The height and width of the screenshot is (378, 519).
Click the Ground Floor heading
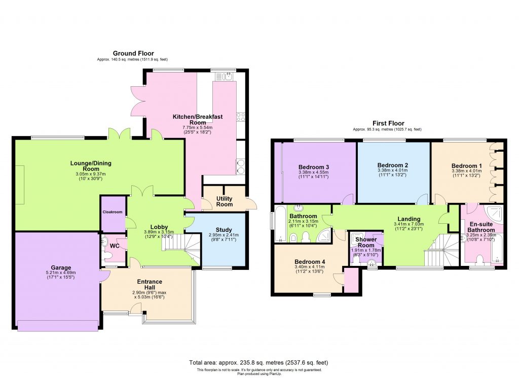(x=133, y=53)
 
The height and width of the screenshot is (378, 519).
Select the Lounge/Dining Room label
(x=91, y=166)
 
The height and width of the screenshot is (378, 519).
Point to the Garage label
(x=60, y=268)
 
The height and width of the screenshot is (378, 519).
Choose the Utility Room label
(x=224, y=201)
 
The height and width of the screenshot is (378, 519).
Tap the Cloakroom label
(x=113, y=212)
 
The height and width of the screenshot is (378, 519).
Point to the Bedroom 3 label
(x=314, y=167)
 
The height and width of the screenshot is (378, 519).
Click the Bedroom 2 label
(x=393, y=165)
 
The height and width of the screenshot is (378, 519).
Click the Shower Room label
(x=365, y=242)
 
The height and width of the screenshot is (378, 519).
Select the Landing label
(x=408, y=219)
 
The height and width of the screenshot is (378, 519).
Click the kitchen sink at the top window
(x=223, y=77)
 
